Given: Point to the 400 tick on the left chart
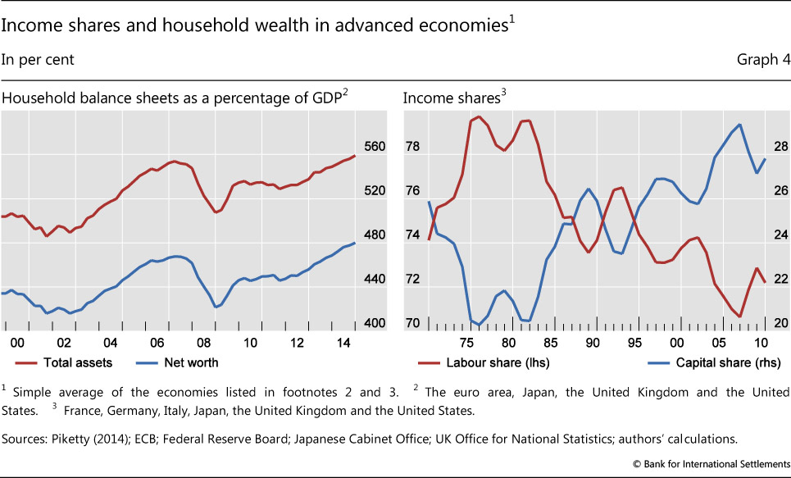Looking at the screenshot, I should [374, 324].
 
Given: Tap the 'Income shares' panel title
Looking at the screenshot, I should [449, 98].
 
